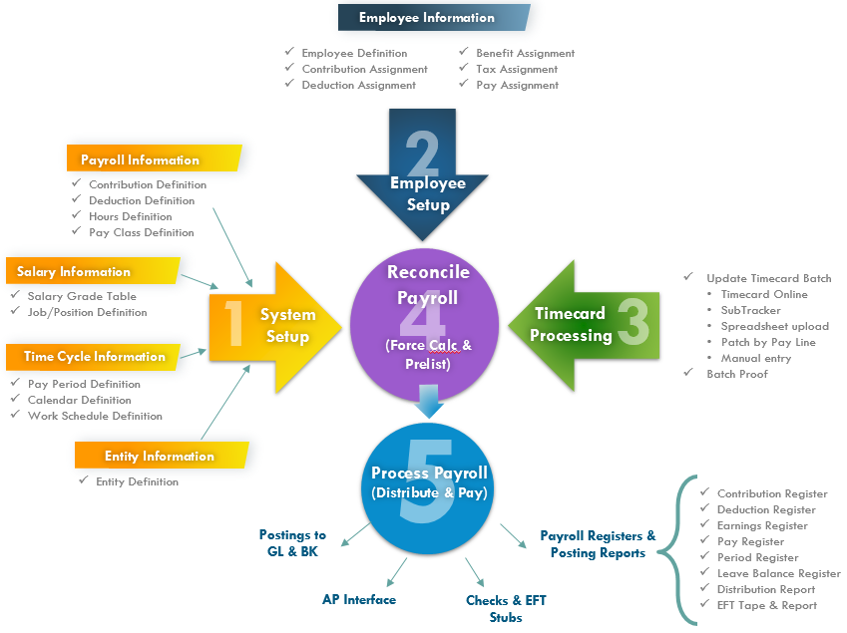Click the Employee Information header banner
(x=427, y=18)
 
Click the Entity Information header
(x=160, y=456)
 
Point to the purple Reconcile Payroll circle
(x=428, y=310)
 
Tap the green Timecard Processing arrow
(x=583, y=324)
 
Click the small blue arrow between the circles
(x=428, y=402)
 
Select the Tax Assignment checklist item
(x=517, y=69)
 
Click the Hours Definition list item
(x=131, y=216)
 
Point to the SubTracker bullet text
(x=751, y=310)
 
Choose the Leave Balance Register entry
(x=779, y=573)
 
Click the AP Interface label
(x=359, y=599)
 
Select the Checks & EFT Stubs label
(x=506, y=608)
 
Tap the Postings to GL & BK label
(x=292, y=543)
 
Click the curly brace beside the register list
(x=685, y=550)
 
